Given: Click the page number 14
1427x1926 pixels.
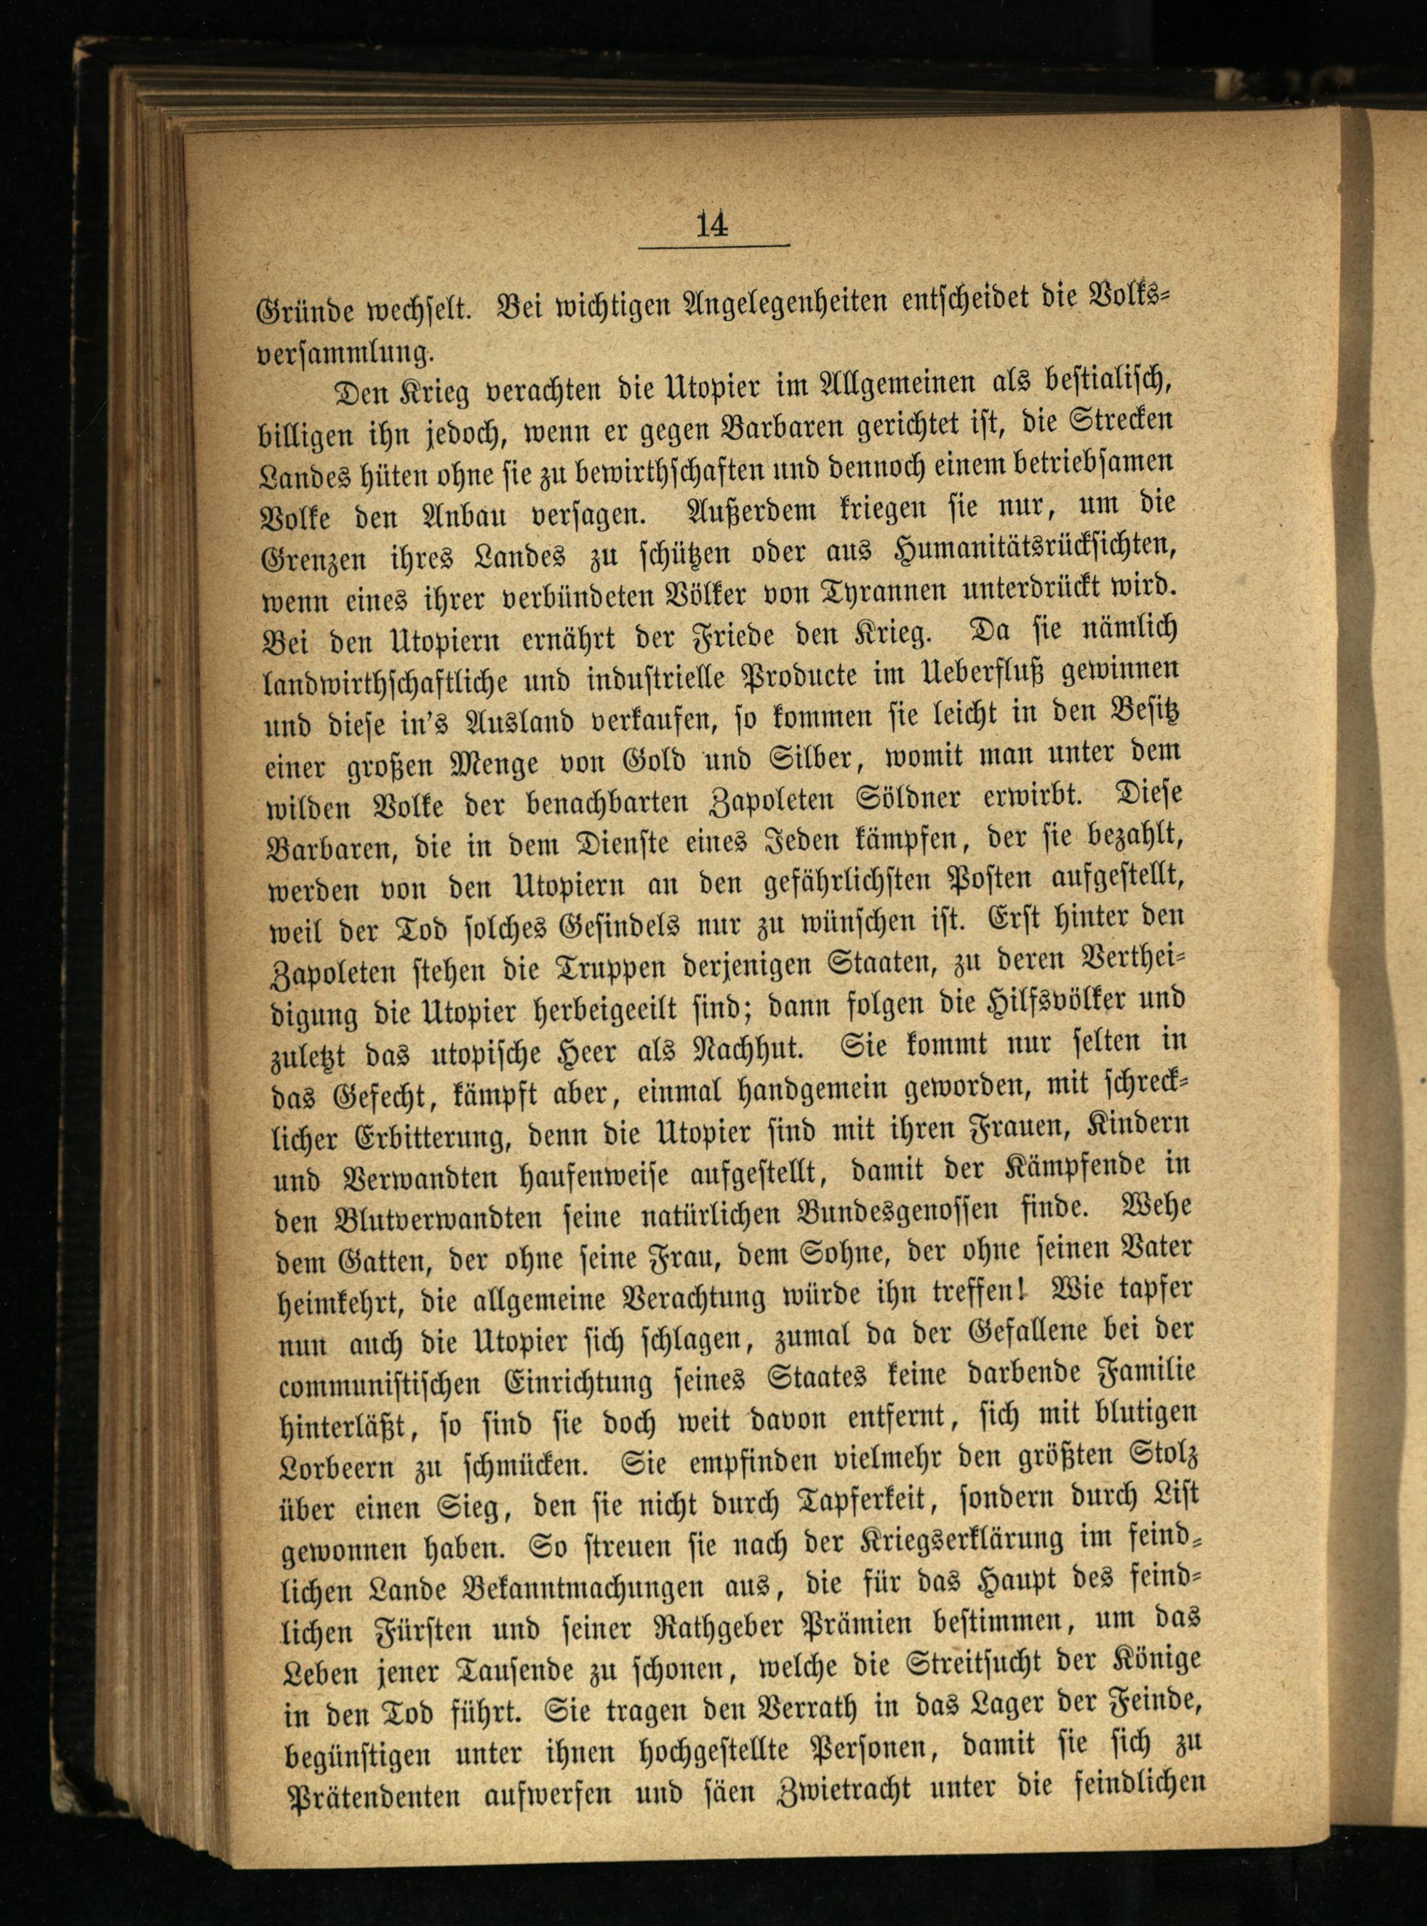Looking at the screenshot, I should (x=713, y=225).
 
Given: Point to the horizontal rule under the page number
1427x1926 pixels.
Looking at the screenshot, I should (x=714, y=247).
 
